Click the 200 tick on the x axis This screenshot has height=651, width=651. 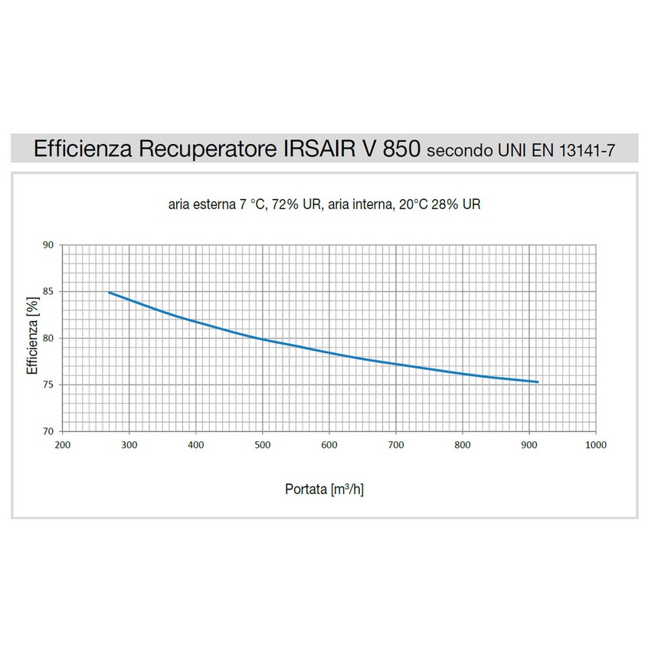tap(63, 444)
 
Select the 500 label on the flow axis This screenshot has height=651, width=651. tap(263, 444)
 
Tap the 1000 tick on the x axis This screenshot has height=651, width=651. tap(595, 444)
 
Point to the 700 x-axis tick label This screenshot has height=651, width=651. tap(395, 444)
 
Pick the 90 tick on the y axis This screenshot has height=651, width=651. tap(47, 245)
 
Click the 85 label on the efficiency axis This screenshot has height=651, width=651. tap(47, 292)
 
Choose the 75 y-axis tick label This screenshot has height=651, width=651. tap(47, 384)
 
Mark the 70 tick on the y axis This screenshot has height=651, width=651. tap(47, 431)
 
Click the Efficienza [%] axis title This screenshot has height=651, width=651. tap(32, 338)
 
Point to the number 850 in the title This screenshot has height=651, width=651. tap(400, 149)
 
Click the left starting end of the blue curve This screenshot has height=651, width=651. tap(109, 292)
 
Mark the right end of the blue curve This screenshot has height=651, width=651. tap(538, 381)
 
